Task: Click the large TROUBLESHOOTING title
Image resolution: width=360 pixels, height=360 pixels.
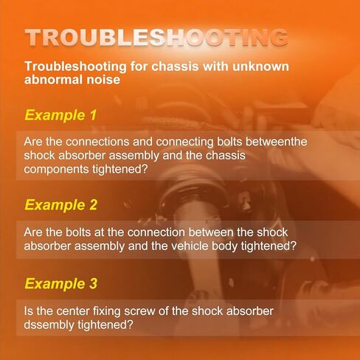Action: pos(156,38)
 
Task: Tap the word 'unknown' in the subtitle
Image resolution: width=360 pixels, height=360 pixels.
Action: pos(260,66)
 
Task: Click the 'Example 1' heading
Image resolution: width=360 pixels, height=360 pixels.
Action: pos(60,115)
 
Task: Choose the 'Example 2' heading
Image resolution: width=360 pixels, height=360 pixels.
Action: pos(61,205)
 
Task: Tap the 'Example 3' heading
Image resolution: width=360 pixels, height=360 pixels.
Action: pos(61,283)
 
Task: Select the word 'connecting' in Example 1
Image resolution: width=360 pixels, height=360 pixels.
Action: pos(184,142)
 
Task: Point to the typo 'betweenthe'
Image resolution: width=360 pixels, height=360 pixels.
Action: pos(277,142)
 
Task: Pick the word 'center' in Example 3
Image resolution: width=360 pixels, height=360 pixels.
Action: pos(72,311)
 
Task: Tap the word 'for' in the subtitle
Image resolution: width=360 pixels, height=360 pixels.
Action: pos(139,66)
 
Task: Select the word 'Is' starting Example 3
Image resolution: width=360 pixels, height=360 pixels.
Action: pos(28,311)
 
